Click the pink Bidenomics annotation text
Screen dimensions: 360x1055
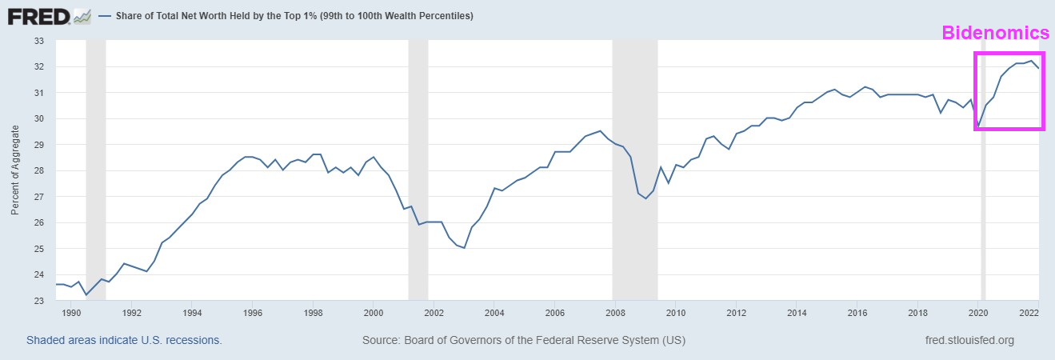[995, 34]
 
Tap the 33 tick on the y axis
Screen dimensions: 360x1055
[38, 41]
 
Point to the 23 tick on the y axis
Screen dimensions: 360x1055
[38, 301]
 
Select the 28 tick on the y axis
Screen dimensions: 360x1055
[38, 170]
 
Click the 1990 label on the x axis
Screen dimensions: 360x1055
[72, 313]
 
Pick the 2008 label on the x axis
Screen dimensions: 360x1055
[615, 313]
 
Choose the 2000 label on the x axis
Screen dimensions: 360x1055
[374, 313]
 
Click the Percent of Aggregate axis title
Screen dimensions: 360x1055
[15, 170]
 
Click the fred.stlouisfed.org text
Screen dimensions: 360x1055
[969, 340]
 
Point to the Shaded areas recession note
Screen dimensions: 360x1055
[124, 340]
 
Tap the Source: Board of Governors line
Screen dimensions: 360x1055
[524, 340]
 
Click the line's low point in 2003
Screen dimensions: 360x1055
[464, 248]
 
